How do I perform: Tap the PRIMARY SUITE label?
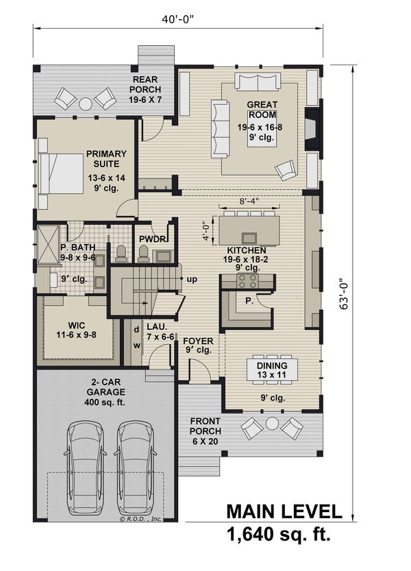[103, 159]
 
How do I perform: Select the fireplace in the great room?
[312, 130]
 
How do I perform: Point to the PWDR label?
[149, 239]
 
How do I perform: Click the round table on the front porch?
[273, 423]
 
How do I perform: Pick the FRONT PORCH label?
[206, 426]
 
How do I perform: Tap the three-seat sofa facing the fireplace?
[220, 127]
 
